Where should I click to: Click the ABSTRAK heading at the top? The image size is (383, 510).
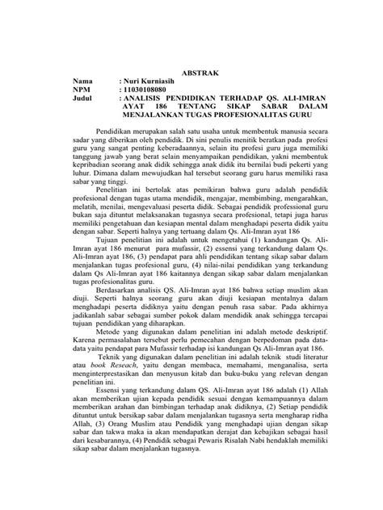[193, 71]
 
